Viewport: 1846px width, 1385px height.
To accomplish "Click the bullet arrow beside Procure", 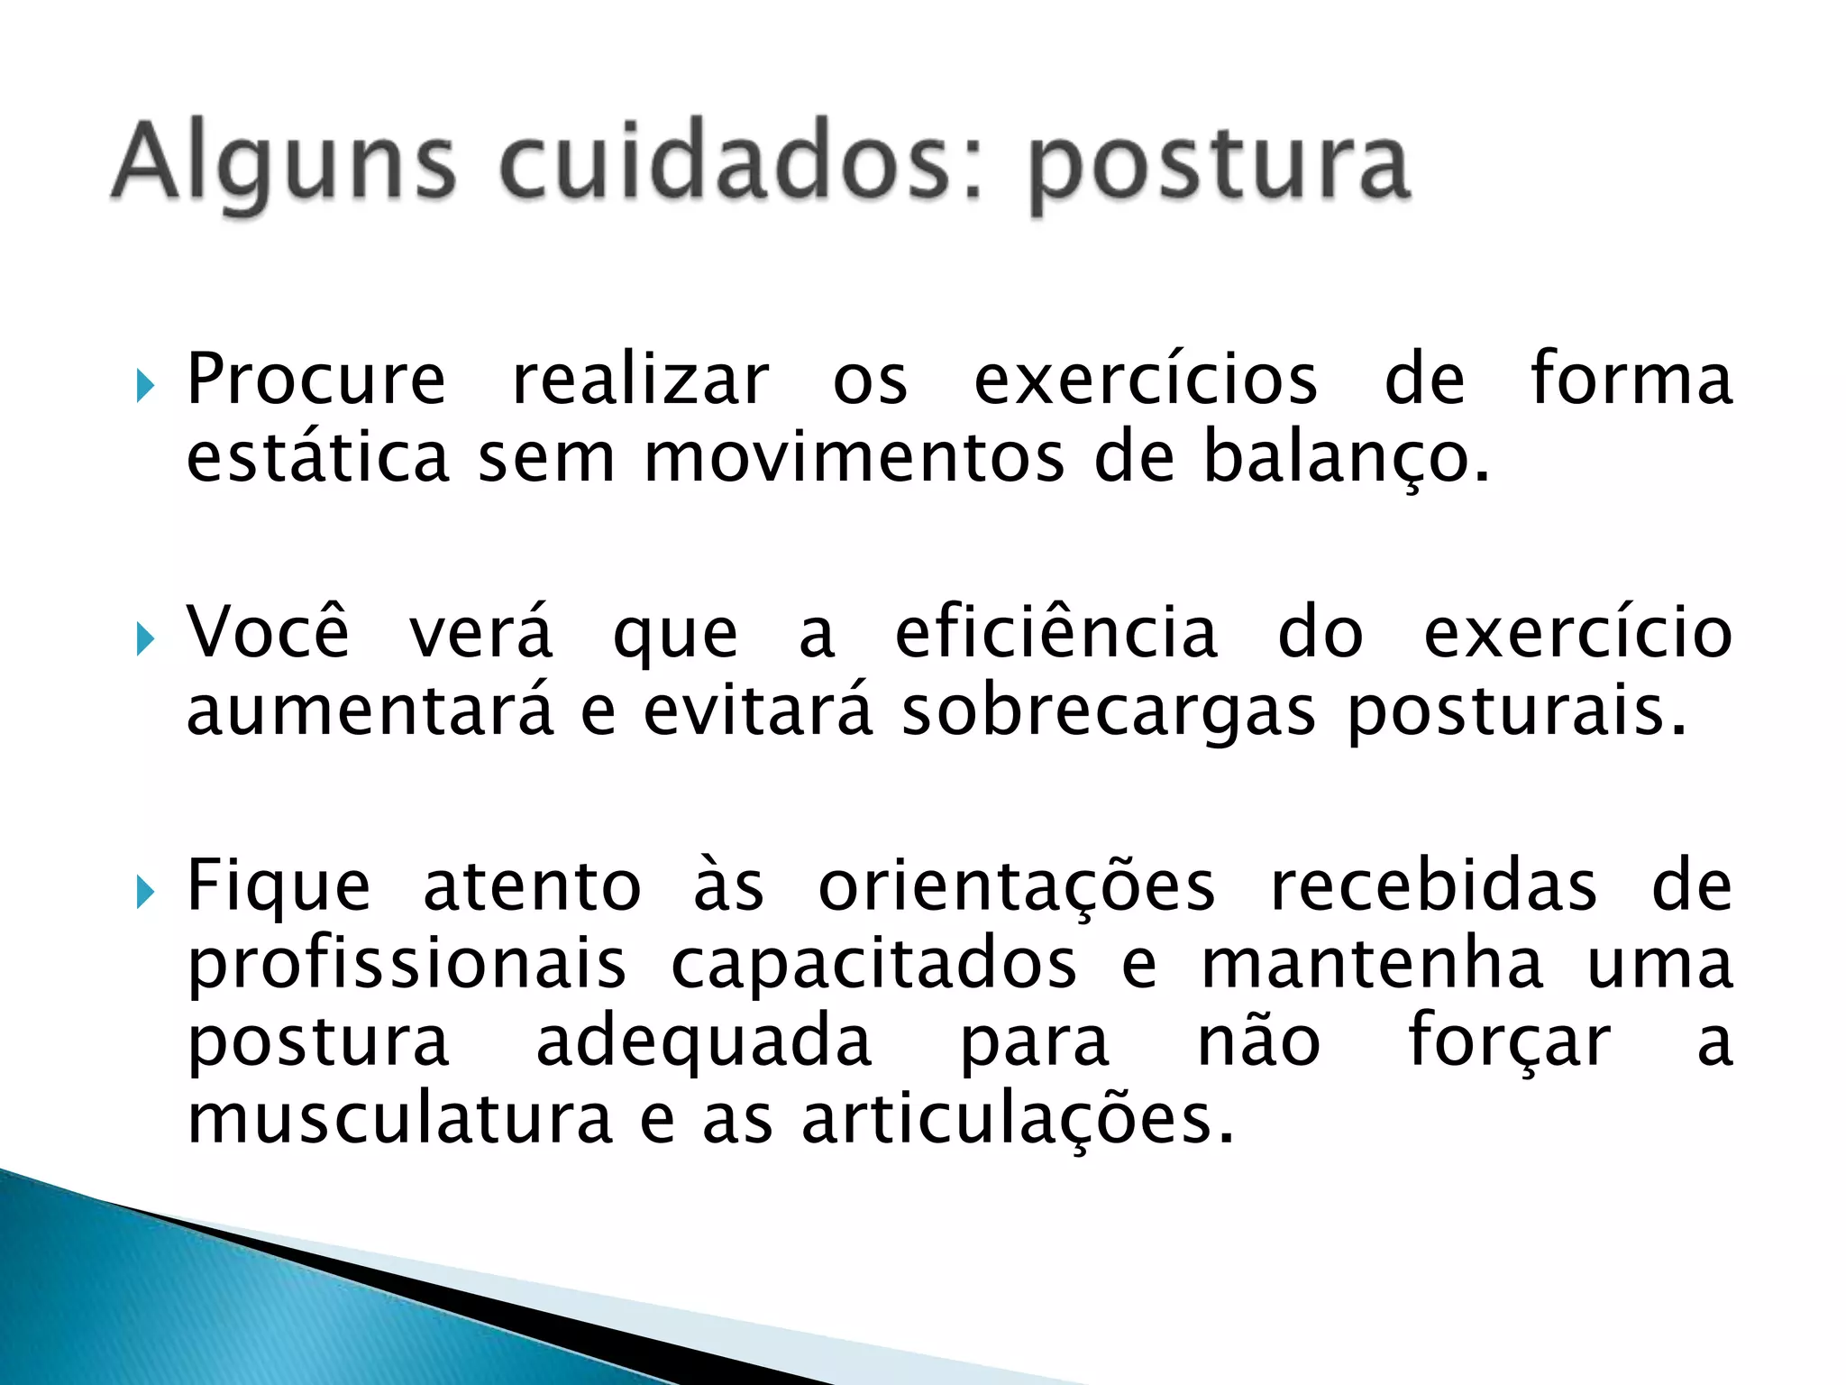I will [x=144, y=387].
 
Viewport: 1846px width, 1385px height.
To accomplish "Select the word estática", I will [x=317, y=458].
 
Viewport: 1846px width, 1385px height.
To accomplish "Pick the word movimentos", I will [x=854, y=458].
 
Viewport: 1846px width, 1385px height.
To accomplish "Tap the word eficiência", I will [x=1056, y=633].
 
